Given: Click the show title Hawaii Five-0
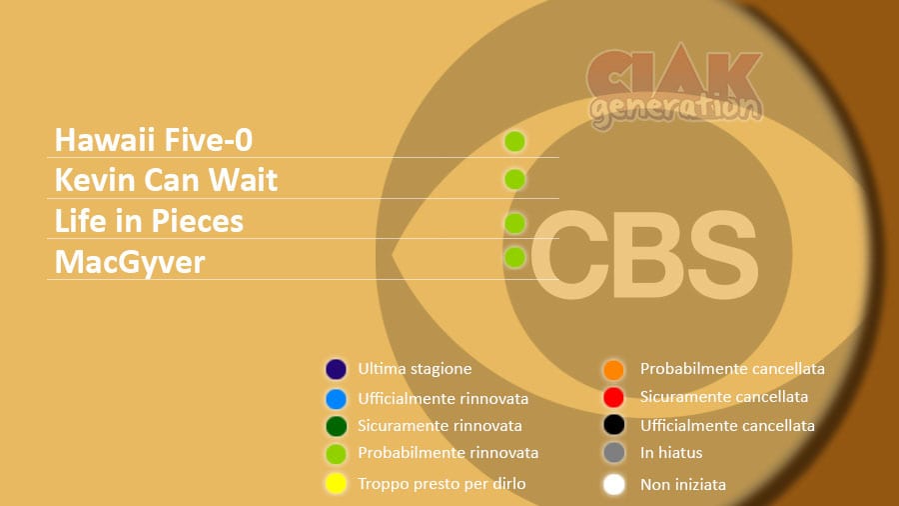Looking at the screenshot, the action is (x=154, y=140).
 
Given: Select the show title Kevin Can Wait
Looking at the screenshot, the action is (x=166, y=180).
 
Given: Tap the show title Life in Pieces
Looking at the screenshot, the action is (x=149, y=221).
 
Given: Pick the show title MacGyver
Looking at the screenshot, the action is (x=130, y=262).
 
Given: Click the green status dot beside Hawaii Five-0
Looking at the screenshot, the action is (x=514, y=141).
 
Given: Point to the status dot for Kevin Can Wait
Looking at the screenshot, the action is (x=514, y=180).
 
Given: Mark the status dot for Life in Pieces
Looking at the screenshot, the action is (x=514, y=223).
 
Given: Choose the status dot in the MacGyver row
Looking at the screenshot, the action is (x=514, y=257).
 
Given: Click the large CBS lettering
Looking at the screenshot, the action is (x=645, y=255).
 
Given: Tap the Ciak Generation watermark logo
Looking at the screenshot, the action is (x=675, y=86).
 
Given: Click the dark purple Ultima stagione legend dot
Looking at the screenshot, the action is (x=336, y=369).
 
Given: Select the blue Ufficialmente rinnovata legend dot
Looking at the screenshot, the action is (x=336, y=399).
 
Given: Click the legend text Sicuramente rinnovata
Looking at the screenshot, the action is (x=440, y=426).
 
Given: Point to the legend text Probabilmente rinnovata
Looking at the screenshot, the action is (x=449, y=453).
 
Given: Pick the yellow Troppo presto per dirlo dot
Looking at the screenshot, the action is (x=336, y=483).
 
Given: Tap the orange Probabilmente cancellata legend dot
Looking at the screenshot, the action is (x=613, y=370).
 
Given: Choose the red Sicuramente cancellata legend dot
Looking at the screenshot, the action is (x=613, y=397).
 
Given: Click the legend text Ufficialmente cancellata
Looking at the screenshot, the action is (x=727, y=426).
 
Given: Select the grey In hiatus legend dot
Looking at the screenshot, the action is (x=614, y=453).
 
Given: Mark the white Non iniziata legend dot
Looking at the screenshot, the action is (x=614, y=484).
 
